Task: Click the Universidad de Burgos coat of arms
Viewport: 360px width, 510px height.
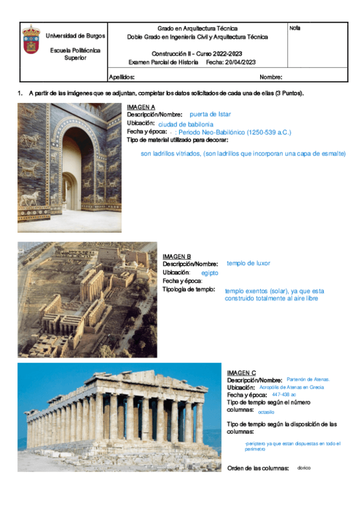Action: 32,40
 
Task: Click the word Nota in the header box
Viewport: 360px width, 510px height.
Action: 295,28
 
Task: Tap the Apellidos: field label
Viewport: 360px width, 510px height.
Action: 121,77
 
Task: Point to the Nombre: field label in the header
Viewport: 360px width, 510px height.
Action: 271,77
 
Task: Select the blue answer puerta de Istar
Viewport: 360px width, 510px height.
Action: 210,114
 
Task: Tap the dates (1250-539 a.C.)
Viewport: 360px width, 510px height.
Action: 263,132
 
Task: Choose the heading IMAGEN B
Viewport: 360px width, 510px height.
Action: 177,257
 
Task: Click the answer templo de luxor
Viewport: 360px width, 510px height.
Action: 248,263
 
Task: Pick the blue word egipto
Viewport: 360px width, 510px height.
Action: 210,273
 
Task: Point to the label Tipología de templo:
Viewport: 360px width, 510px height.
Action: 189,289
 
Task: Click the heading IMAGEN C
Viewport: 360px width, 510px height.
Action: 242,373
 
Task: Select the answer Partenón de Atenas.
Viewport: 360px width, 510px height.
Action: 308,379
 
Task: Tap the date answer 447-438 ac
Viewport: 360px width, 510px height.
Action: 284,395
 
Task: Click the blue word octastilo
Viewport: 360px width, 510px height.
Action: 266,413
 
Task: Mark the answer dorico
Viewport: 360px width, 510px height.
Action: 304,468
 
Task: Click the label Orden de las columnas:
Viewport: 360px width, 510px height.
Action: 258,469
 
